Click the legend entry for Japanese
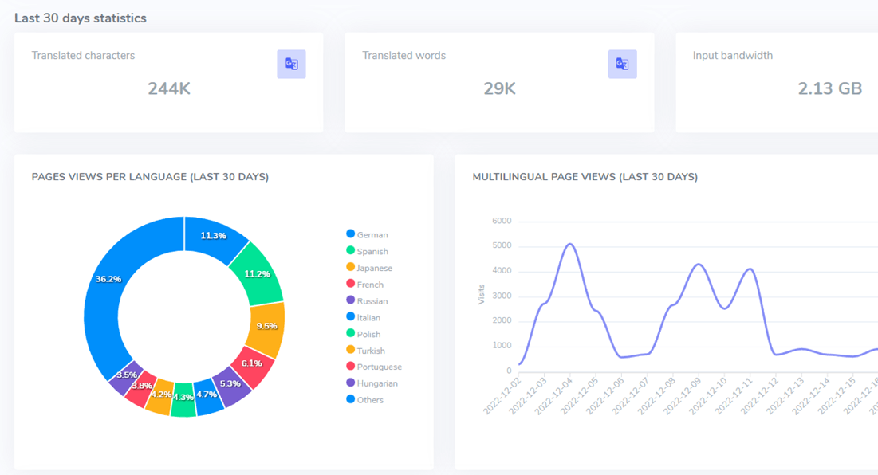point(369,268)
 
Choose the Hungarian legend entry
point(372,383)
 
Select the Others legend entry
point(364,399)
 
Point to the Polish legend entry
point(364,334)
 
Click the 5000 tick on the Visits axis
point(502,245)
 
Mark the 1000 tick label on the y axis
point(502,346)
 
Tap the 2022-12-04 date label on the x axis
point(553,396)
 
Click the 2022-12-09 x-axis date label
point(682,396)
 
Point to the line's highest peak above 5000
point(570,244)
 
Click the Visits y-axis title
point(481,294)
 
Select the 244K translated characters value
point(169,88)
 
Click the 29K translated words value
point(499,88)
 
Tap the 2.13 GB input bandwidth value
point(830,88)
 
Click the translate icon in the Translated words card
point(622,64)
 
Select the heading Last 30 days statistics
point(80,18)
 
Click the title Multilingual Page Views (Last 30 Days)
point(585,177)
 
